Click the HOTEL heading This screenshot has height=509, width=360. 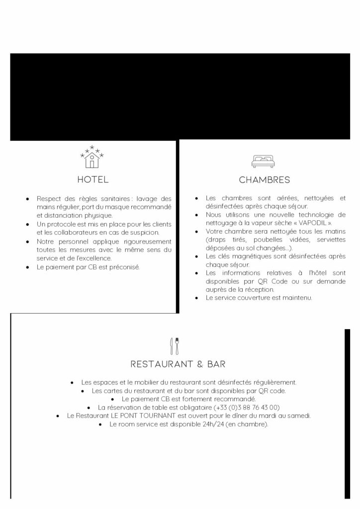coord(92,179)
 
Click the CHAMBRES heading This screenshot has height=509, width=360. coord(264,179)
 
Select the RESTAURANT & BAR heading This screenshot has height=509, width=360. coord(178,364)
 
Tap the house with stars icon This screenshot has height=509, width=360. coord(92,157)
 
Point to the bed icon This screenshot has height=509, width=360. coord(264,160)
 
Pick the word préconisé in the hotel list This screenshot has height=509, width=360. coord(125,267)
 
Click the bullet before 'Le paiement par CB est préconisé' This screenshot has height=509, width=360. coord(28,267)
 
